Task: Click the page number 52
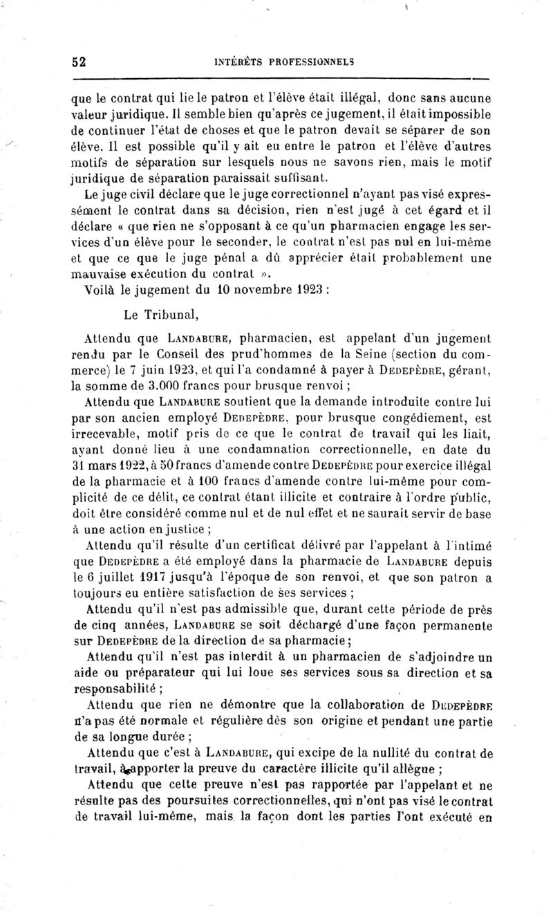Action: [78, 61]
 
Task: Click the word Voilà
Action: [102, 291]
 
